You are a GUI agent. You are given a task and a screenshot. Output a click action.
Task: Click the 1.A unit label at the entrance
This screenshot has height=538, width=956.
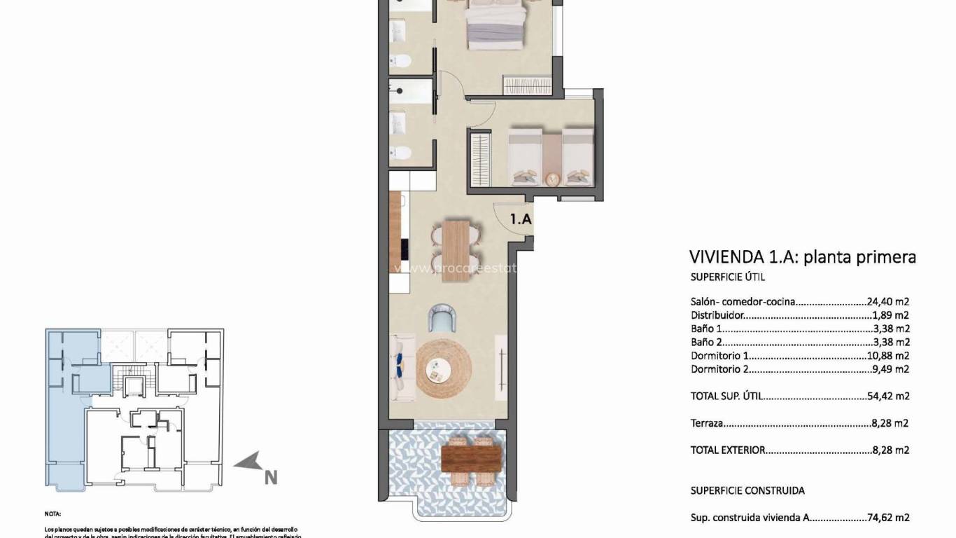pos(521,219)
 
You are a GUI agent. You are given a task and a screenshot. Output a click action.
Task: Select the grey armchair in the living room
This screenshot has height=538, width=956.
pos(442,319)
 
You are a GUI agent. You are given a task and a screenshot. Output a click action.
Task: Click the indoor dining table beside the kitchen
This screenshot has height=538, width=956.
pos(454,251)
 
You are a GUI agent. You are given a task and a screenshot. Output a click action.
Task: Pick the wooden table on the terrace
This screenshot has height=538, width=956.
pos(471,460)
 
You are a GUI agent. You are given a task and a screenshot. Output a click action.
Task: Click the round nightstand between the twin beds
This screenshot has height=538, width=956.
pos(553,178)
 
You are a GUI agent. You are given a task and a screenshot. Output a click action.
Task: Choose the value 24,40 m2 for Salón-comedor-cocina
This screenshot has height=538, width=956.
pos(888,302)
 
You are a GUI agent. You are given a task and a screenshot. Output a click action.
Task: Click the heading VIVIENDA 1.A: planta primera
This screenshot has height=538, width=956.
pos(802,257)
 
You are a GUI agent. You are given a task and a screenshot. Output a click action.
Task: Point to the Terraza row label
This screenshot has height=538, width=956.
pos(706,423)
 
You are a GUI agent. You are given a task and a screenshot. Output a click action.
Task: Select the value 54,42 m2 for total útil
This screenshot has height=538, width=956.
pos(888,396)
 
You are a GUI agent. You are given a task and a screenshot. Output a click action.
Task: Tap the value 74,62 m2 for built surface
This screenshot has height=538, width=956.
pos(888,518)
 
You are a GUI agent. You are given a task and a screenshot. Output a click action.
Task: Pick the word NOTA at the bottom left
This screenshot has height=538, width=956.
pos(53,513)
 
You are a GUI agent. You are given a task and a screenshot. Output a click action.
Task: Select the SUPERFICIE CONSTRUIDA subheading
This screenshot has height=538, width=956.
pos(747,491)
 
